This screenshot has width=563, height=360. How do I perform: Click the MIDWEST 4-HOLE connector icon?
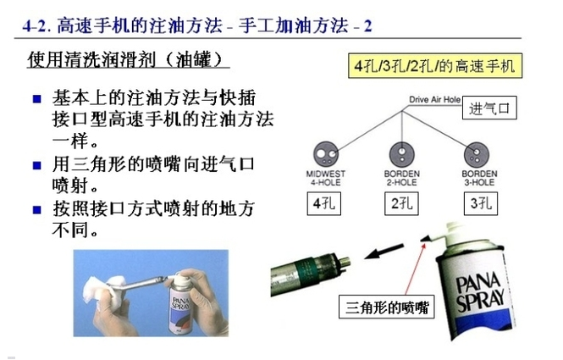[x=326, y=154]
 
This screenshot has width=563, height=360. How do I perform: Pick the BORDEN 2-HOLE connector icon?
[x=402, y=154]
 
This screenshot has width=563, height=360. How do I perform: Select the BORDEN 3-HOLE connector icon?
[x=479, y=154]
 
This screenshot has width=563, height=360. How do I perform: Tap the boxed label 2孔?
[x=402, y=204]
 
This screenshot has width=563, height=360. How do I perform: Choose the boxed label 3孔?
[x=479, y=204]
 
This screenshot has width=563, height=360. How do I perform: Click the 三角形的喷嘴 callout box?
[x=385, y=307]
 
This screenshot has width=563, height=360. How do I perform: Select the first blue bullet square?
[x=36, y=99]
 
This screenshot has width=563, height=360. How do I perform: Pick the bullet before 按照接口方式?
[x=36, y=208]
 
